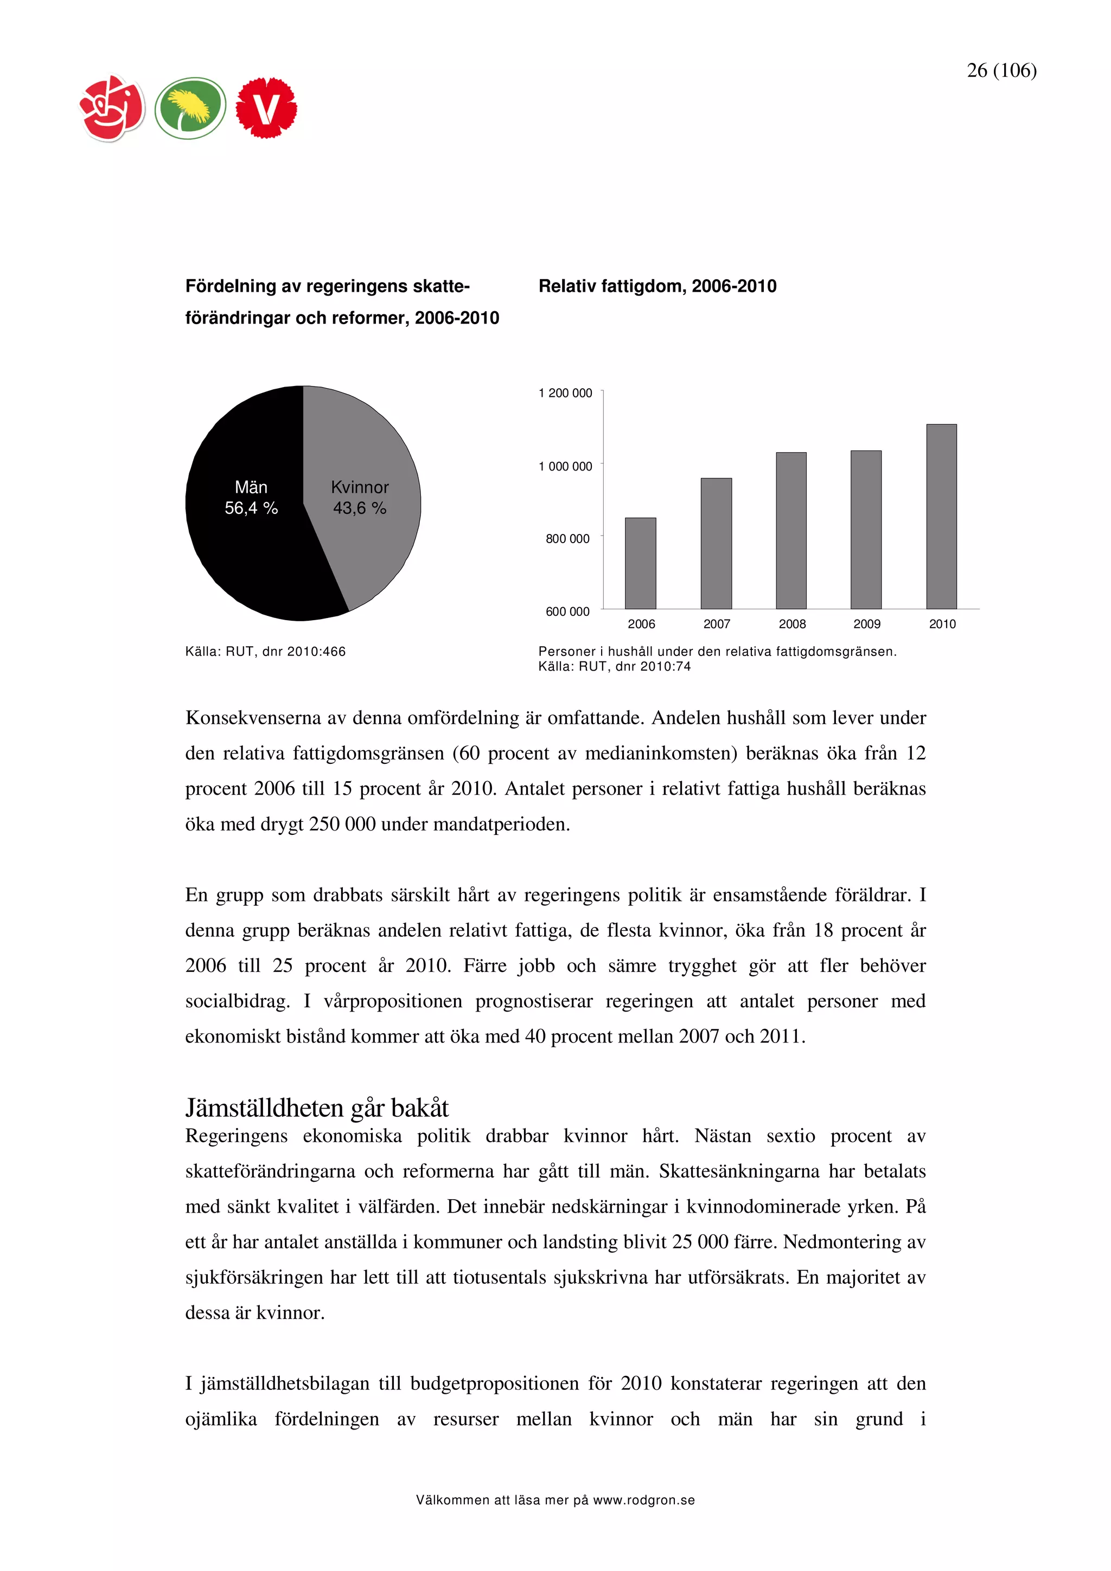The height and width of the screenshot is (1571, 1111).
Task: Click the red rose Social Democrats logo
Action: pyautogui.click(x=112, y=108)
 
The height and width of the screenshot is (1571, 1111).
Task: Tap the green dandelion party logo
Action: pyautogui.click(x=190, y=108)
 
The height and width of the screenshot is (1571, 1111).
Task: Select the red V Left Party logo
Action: pyautogui.click(x=266, y=108)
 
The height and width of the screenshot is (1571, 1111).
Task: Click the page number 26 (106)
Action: pyautogui.click(x=1001, y=70)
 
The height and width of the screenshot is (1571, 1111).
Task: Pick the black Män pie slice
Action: pyautogui.click(x=246, y=548)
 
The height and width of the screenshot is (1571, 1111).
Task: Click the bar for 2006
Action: pyautogui.click(x=640, y=563)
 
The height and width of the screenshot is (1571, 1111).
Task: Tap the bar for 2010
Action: pyautogui.click(x=941, y=517)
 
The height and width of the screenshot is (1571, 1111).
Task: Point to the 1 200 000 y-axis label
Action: pyautogui.click(x=565, y=392)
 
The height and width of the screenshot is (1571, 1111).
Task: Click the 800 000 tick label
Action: pyautogui.click(x=567, y=538)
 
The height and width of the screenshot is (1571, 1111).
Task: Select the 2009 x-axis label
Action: pyautogui.click(x=867, y=624)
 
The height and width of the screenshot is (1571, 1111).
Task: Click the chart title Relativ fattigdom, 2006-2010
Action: pyautogui.click(x=657, y=286)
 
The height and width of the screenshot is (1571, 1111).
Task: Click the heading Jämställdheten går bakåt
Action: pyautogui.click(x=317, y=1108)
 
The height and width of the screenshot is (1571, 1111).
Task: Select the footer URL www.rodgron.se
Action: pyautogui.click(x=643, y=1500)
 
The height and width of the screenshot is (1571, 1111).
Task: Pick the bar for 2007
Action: pyautogui.click(x=716, y=543)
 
